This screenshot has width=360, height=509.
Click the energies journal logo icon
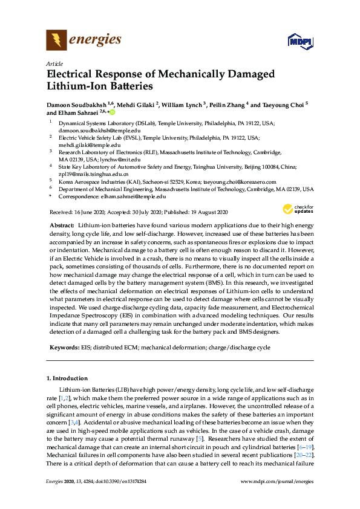coord(56,41)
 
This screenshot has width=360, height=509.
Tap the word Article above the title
coord(54,63)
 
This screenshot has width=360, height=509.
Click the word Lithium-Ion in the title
coord(77,86)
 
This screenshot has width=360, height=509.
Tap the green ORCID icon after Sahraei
coord(112,112)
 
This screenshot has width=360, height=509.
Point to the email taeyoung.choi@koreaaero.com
coord(238,181)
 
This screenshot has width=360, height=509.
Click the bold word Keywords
coord(63,348)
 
